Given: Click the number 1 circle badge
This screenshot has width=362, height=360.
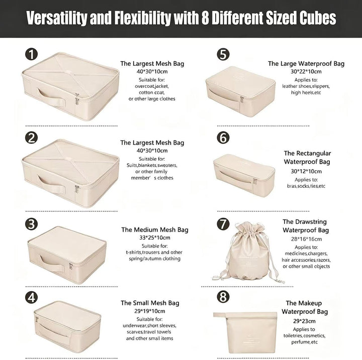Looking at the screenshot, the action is click(31, 54).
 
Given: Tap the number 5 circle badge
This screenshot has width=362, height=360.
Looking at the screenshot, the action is click(223, 54).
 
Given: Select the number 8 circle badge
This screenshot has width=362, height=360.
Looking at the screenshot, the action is click(223, 296).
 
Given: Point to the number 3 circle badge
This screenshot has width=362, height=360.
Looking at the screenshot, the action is click(31, 224).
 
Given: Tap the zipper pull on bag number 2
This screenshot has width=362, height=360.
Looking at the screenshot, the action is click(77, 189).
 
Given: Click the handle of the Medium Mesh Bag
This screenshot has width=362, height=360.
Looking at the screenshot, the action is click(51, 263).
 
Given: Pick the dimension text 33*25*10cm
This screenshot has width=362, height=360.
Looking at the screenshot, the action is click(155, 237).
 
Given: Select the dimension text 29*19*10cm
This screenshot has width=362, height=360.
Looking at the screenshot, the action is click(150, 311).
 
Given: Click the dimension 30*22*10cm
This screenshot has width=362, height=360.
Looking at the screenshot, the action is click(306, 71).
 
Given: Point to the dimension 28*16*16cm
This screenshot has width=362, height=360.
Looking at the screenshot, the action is click(306, 239).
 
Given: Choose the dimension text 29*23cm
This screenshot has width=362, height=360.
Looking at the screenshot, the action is click(304, 321).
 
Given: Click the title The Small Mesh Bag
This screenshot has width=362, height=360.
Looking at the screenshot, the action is click(150, 303).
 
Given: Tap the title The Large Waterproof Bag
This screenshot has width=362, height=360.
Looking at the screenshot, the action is click(306, 64).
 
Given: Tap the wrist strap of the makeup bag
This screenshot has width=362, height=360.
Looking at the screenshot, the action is click(220, 315).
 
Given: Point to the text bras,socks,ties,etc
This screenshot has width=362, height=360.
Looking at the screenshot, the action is click(306, 186).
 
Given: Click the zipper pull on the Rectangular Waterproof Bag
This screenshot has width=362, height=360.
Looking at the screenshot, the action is click(255, 181).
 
